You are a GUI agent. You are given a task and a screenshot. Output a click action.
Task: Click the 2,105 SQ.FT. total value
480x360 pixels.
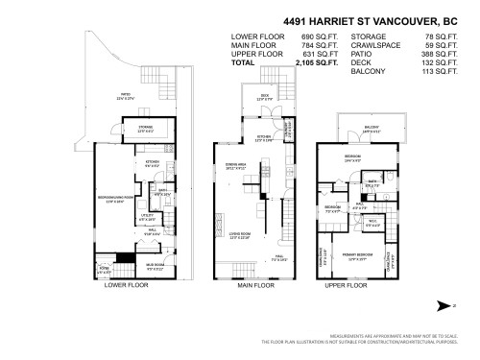[299, 62]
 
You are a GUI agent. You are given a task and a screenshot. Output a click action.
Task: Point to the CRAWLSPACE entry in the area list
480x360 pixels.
[376, 45]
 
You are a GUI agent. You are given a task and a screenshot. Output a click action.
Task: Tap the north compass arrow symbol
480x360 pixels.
[444, 305]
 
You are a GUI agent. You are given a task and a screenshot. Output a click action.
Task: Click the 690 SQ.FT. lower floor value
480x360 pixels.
[300, 36]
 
